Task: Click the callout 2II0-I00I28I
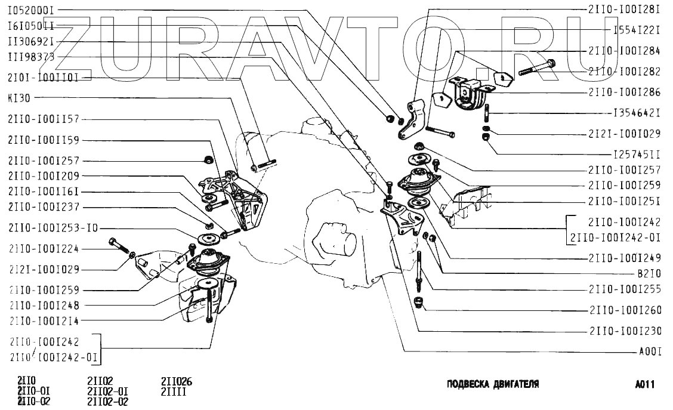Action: [624, 10]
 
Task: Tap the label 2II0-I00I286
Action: [624, 93]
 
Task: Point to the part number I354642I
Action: [637, 112]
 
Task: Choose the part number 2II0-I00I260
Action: [624, 310]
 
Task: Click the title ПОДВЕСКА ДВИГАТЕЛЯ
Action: [493, 384]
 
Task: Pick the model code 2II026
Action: [177, 382]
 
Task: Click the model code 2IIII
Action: [173, 392]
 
